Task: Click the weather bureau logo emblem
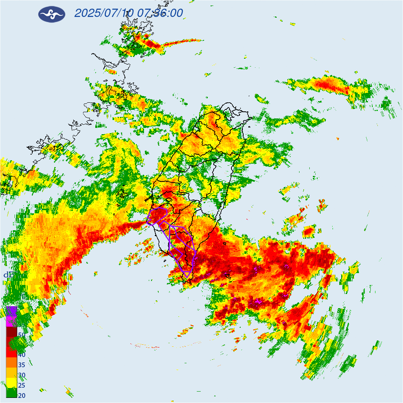tap(52, 14)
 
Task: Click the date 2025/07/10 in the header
tap(104, 13)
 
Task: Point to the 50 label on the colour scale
tap(22, 335)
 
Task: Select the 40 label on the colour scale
tap(22, 355)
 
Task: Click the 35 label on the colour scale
tap(22, 365)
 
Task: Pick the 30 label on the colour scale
tap(22, 375)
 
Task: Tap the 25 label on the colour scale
tap(22, 385)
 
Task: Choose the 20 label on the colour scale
tap(22, 396)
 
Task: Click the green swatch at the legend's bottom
tap(11, 392)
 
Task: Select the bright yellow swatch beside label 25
tap(11, 383)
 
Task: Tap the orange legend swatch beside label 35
tap(11, 362)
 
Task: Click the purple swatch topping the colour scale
tap(11, 311)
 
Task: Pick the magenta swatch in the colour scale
tap(11, 321)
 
